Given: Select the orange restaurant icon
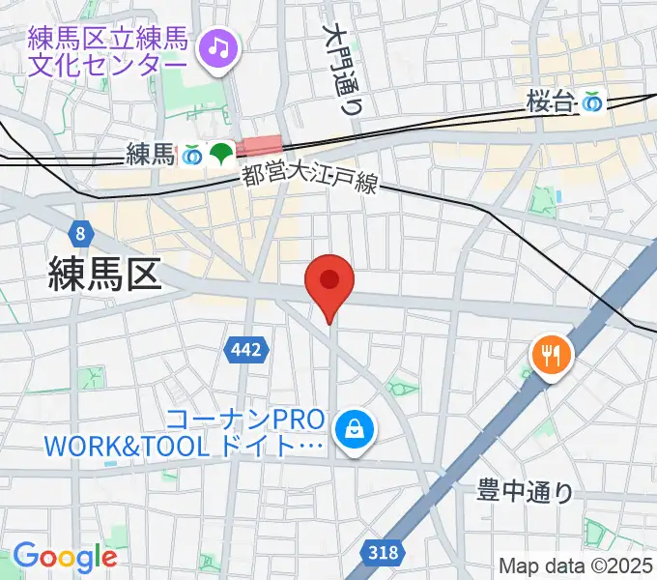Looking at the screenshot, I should (552, 357).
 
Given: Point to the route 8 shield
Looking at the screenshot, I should (78, 233).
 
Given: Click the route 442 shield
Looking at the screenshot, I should (245, 350).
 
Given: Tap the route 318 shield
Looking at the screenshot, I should (384, 553).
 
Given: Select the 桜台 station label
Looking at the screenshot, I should (550, 101).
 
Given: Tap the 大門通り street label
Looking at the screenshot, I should (345, 68).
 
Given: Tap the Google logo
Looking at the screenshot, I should (65, 557).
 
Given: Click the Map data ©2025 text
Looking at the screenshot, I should (576, 565).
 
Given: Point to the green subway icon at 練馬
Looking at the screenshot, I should (221, 153).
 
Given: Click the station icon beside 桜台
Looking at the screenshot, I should (591, 101).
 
